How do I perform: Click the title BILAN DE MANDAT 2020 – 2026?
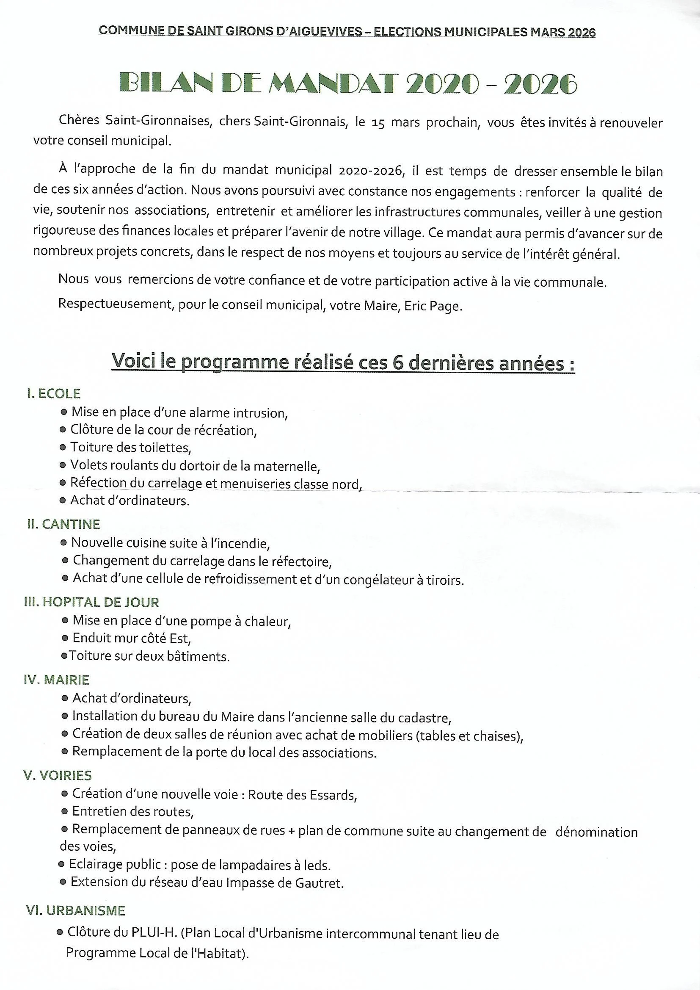(347, 84)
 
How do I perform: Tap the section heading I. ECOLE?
(54, 393)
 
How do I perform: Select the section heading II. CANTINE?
(63, 524)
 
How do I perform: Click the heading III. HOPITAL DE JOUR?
(91, 602)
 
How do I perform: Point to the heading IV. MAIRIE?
(56, 680)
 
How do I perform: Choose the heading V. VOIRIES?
(57, 775)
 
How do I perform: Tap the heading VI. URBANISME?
(75, 911)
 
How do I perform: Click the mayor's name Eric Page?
(433, 307)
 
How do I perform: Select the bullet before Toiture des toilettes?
(63, 448)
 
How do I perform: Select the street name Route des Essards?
(302, 794)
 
